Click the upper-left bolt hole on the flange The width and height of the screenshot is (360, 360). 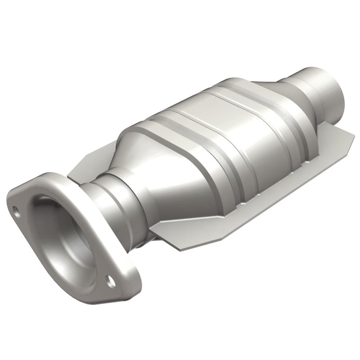[x=17, y=209]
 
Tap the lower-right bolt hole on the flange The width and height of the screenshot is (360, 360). [x=109, y=282]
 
